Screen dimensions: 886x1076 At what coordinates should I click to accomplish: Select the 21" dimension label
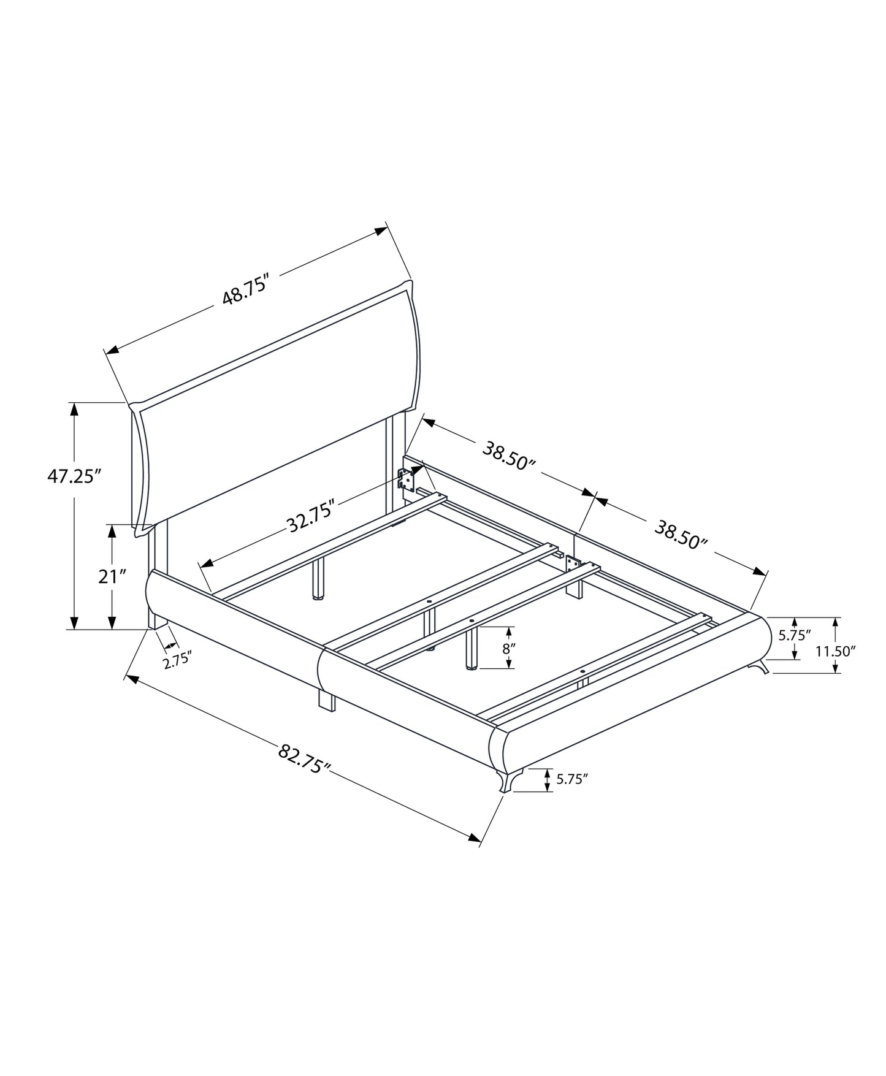click(112, 576)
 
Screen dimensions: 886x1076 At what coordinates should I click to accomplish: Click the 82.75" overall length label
click(305, 758)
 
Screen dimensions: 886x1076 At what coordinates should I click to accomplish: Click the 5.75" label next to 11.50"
click(795, 635)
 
